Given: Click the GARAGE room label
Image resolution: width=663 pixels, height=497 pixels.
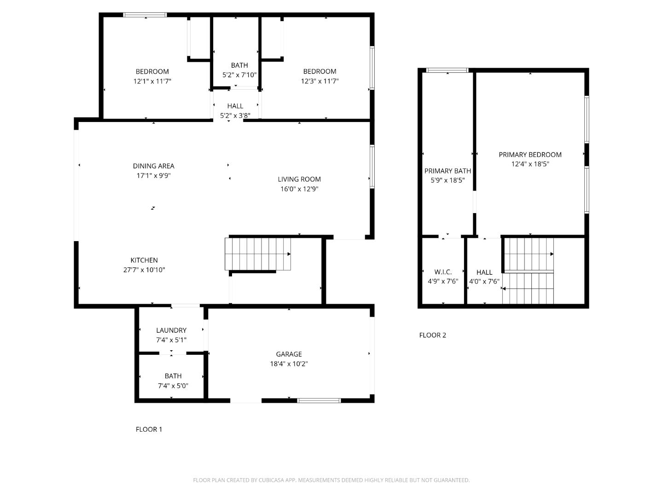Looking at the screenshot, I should (x=289, y=354).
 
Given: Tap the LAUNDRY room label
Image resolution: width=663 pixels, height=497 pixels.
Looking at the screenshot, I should (x=171, y=330).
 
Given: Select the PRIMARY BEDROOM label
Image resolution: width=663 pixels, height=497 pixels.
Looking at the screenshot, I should (x=530, y=155).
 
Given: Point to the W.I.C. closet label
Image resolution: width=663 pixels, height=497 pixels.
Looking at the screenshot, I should (x=443, y=272).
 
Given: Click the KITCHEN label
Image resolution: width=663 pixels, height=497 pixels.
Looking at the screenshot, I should (x=144, y=260).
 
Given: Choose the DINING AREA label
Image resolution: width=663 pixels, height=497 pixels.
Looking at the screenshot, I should (x=153, y=166).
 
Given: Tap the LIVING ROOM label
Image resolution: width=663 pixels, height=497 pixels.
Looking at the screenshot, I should (x=299, y=179).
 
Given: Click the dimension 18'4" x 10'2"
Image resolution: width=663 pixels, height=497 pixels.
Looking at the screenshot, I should (x=289, y=364).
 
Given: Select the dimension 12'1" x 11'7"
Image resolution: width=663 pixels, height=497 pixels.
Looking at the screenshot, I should (x=152, y=81).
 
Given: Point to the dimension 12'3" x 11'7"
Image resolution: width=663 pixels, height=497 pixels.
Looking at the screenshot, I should (x=320, y=81).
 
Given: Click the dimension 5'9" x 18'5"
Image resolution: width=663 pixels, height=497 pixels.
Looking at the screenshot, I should (x=448, y=180).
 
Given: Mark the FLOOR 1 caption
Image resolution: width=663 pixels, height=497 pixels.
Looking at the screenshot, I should (x=149, y=429).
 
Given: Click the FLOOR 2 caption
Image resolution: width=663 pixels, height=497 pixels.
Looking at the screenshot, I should (x=432, y=335).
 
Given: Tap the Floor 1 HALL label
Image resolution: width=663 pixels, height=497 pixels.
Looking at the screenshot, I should (x=235, y=106).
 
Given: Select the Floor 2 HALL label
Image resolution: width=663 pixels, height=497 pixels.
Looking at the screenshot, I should (x=484, y=272).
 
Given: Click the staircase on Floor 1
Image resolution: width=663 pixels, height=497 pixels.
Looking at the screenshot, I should (x=258, y=254).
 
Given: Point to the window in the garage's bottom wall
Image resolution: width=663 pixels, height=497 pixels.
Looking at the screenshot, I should (x=319, y=400).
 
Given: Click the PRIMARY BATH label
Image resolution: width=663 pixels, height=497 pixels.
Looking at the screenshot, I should (x=448, y=171).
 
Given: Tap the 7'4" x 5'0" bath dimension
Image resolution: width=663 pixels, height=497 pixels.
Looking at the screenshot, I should (x=173, y=386).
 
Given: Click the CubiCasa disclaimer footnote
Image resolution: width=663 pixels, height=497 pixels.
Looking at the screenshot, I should (x=331, y=480).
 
